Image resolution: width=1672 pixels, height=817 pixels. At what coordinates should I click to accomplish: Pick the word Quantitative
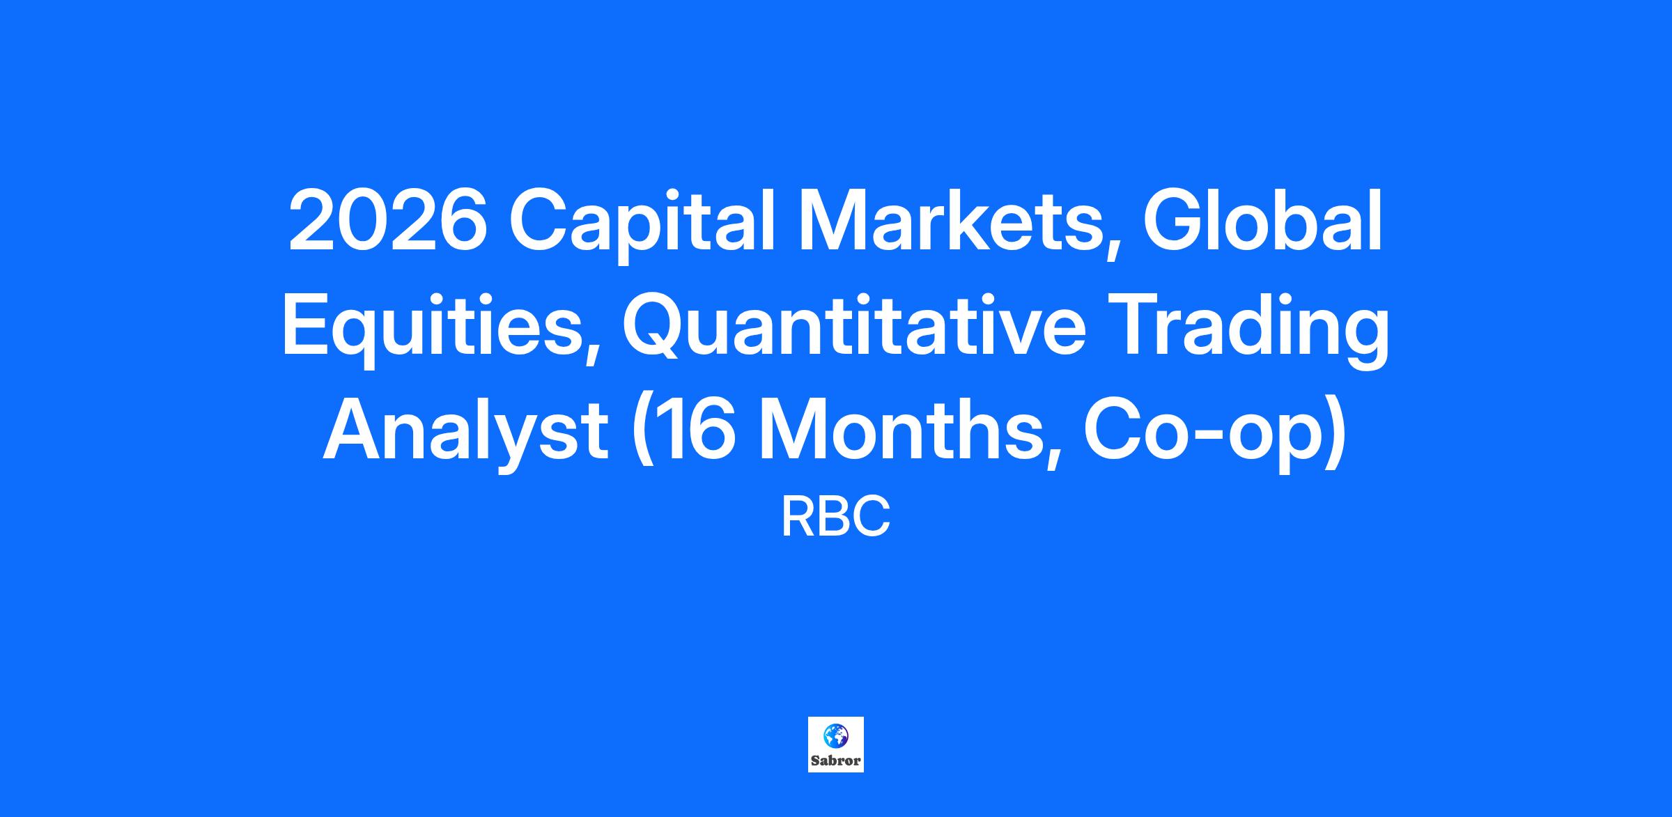[x=854, y=326]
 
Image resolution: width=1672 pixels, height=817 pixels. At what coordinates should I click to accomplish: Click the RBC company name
[x=835, y=517]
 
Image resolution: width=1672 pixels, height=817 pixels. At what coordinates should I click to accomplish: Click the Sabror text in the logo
[x=836, y=761]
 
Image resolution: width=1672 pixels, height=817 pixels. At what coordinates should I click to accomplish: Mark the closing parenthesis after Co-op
[x=1338, y=435]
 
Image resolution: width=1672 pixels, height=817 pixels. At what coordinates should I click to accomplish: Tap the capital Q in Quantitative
[x=656, y=326]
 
